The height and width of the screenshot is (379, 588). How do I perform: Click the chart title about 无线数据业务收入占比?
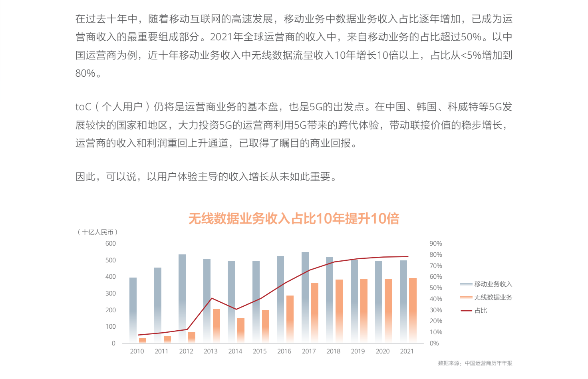294,218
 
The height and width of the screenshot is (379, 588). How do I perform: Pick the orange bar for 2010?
143,341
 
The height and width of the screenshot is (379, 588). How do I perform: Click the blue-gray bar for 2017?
305,297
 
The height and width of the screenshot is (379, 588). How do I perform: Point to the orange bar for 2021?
413,310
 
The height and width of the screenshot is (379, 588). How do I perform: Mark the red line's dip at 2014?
236,309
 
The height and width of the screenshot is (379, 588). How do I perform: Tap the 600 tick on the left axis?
111,243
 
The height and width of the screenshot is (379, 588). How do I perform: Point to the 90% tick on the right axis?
436,243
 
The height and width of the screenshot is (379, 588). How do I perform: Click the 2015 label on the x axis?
260,351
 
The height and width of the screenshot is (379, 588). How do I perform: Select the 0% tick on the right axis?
434,343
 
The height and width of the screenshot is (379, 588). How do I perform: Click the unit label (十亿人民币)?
97,232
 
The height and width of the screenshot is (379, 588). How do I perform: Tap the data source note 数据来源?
475,363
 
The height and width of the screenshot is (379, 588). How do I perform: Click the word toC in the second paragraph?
83,107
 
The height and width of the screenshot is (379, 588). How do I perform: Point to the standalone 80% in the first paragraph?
85,73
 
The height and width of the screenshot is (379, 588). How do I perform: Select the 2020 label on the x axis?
382,351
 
